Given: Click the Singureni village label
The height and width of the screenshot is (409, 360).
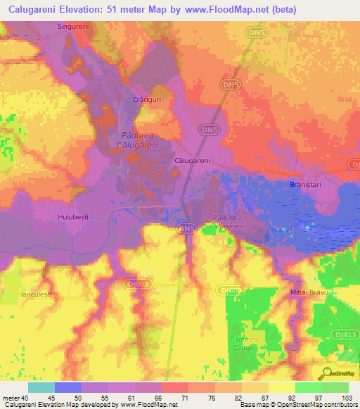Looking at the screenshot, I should (x=74, y=26).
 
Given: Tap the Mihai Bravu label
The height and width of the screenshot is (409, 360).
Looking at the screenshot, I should (x=305, y=291).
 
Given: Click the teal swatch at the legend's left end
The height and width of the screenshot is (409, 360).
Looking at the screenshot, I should (x=41, y=387).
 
